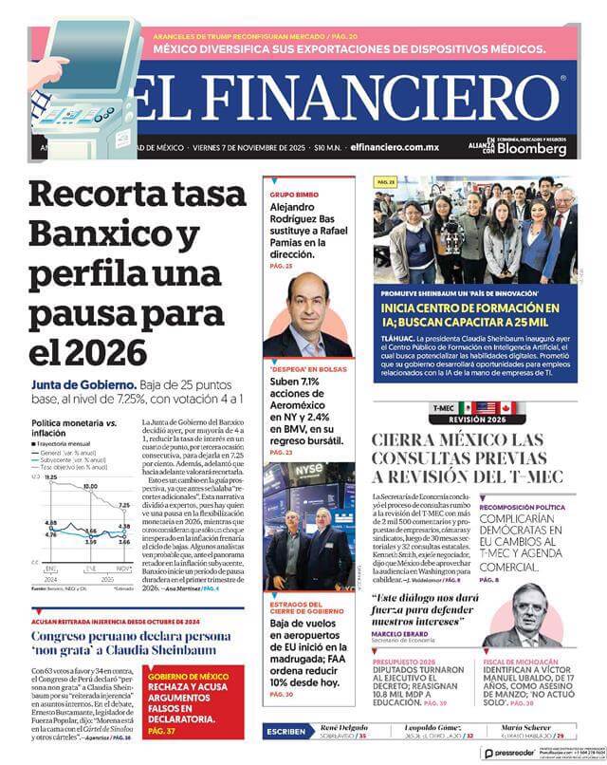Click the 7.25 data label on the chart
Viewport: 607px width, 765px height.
(123, 505)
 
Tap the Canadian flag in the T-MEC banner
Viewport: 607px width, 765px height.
(506, 407)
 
